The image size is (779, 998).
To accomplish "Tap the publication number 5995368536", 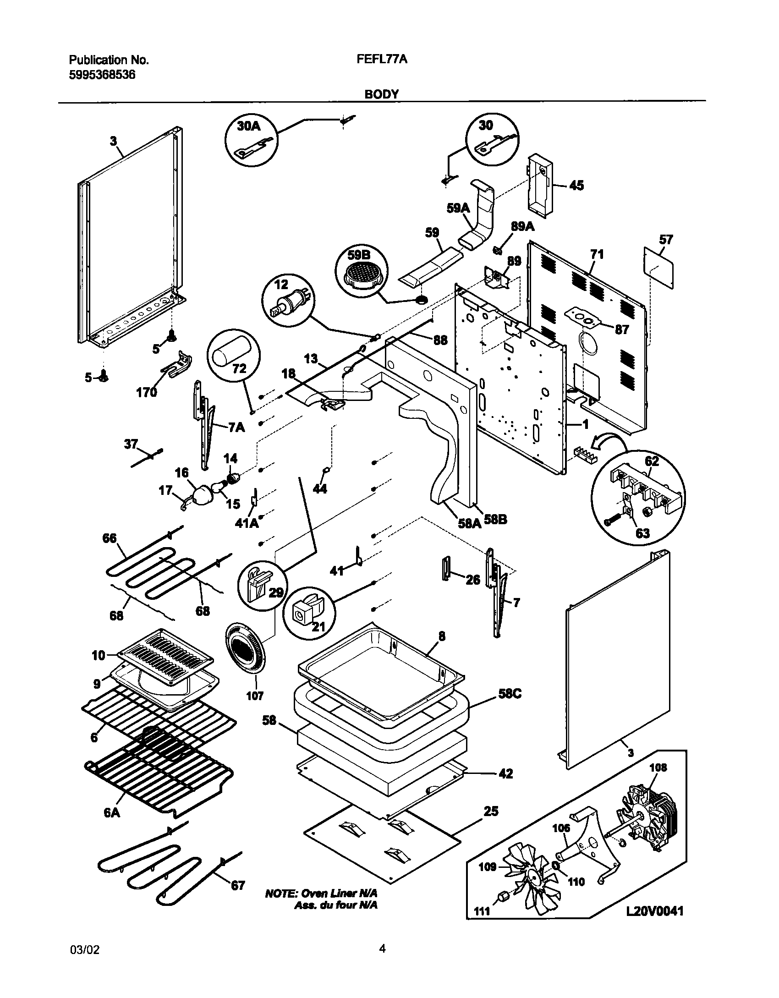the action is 102,75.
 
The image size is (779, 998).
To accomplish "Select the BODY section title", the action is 381,94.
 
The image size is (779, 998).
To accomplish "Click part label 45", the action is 576,185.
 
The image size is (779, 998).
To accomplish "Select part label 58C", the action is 510,694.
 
